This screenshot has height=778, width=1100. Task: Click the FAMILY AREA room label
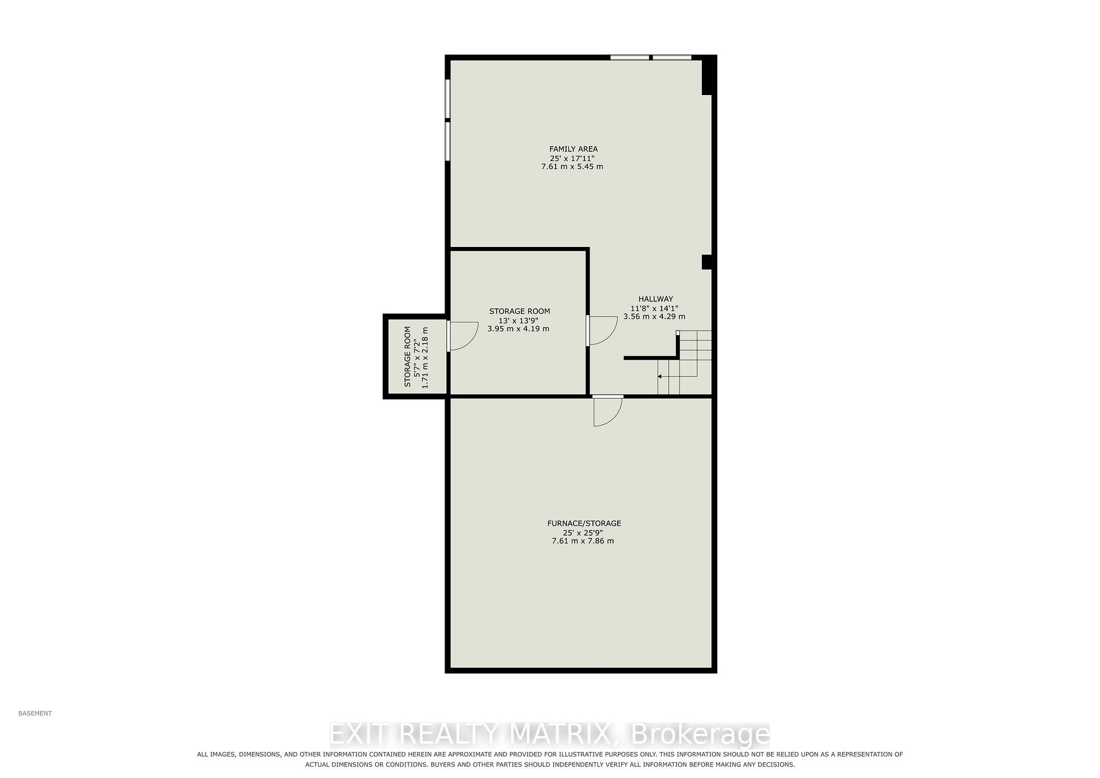[x=573, y=149]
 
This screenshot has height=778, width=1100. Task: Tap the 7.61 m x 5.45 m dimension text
[x=572, y=167]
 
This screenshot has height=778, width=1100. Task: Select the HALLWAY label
[x=655, y=299]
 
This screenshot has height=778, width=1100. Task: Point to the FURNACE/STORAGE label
[x=584, y=523]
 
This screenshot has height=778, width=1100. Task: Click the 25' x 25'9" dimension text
[x=583, y=532]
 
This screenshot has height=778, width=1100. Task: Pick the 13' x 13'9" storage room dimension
[x=519, y=320]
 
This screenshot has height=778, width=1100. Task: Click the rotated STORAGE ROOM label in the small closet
[x=408, y=357]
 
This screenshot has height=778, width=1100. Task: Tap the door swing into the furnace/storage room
[x=608, y=411]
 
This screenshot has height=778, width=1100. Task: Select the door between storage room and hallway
[x=602, y=331]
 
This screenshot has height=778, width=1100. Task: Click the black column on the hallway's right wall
[x=706, y=262]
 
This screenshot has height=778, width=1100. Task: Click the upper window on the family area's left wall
[x=447, y=99]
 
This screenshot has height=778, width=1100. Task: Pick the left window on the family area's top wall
[x=630, y=57]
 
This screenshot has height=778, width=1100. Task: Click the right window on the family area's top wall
[x=672, y=57]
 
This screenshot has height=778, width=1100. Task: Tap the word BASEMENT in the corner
[x=35, y=713]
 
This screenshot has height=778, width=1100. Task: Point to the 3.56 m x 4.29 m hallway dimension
[x=654, y=316]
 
